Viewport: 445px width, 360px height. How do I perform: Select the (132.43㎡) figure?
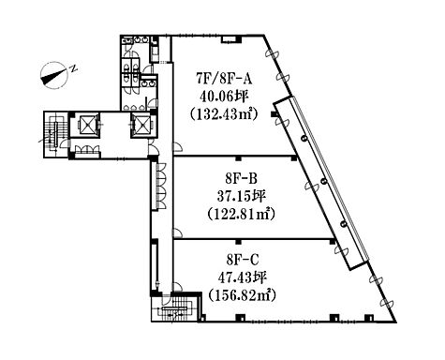click(224, 114)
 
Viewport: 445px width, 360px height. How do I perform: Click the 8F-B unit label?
click(241, 179)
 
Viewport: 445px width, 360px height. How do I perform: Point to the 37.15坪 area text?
click(241, 197)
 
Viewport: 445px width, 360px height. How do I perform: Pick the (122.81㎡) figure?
click(241, 215)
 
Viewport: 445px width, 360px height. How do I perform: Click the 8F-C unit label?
click(243, 260)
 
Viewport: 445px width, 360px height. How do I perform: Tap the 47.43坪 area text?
click(243, 277)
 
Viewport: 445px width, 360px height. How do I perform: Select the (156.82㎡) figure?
click(243, 295)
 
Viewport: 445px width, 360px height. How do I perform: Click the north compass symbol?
click(54, 76)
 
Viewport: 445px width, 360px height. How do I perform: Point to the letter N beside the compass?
click(74, 67)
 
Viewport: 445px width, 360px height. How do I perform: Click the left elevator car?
click(84, 125)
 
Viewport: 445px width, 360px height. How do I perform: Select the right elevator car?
click(141, 125)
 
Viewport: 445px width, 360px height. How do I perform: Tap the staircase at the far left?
click(55, 134)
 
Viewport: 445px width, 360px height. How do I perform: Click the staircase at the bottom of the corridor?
click(175, 308)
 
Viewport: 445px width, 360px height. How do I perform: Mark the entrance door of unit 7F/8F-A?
click(177, 147)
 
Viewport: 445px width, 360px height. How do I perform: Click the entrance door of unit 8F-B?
click(177, 232)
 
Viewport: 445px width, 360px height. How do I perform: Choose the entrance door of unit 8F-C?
click(177, 287)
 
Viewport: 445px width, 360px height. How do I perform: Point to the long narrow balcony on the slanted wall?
click(321, 183)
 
